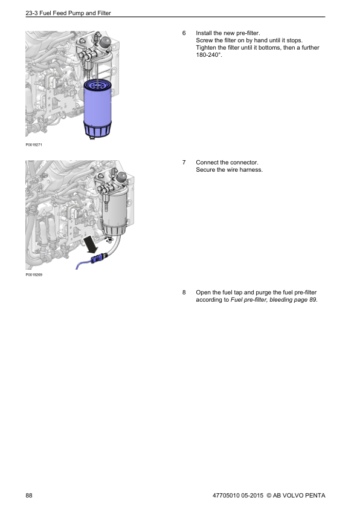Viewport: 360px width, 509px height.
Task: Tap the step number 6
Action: pyautogui.click(x=184, y=32)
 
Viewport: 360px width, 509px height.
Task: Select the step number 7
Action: pyautogui.click(x=184, y=163)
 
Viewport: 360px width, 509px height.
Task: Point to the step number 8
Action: pyautogui.click(x=184, y=293)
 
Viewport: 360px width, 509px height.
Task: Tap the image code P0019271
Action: pyautogui.click(x=34, y=145)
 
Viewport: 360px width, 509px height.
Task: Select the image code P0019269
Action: pyautogui.click(x=34, y=274)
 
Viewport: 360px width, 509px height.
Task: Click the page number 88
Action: pyautogui.click(x=29, y=496)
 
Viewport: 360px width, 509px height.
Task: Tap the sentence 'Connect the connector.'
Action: pyautogui.click(x=227, y=163)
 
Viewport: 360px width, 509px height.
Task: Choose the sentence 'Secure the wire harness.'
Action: pyautogui.click(x=230, y=170)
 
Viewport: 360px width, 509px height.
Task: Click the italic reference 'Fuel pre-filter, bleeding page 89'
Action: pyautogui.click(x=274, y=300)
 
